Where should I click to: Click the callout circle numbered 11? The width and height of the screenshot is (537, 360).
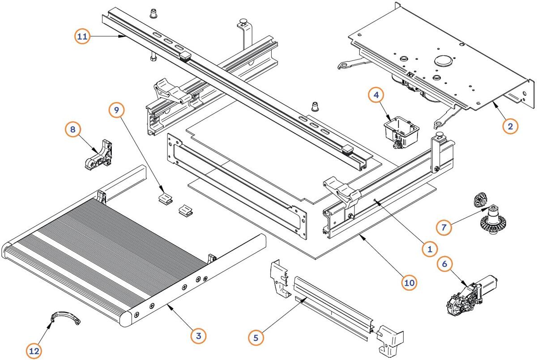(x=82, y=37)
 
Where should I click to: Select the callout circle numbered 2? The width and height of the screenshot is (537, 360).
(x=510, y=126)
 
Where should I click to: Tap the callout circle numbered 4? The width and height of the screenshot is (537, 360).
(x=376, y=95)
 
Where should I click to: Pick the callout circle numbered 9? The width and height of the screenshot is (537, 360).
(x=117, y=110)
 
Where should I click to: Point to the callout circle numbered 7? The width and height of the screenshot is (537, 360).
(x=443, y=227)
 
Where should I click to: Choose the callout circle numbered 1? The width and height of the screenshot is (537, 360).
(x=430, y=249)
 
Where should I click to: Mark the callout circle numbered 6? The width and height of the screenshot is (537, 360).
(x=444, y=264)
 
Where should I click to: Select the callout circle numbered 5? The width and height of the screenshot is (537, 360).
(x=256, y=337)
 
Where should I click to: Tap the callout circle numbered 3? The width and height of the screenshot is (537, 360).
(x=198, y=335)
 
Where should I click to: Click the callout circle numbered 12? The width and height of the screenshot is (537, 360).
(x=34, y=352)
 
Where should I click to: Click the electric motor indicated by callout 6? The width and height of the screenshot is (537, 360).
(x=468, y=295)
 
